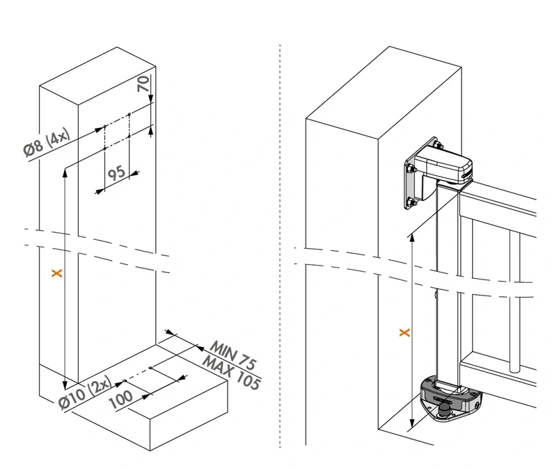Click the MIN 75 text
pos(234,355)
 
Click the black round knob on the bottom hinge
pos(443,414)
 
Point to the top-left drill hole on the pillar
pos(104,127)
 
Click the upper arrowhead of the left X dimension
pos(65,170)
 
